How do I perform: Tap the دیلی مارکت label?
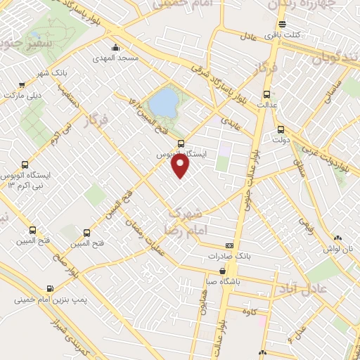(25, 94)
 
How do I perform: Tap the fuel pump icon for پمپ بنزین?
(50, 288)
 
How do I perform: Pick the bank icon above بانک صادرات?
(229, 245)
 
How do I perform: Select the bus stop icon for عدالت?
(266, 94)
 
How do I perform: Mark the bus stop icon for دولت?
(281, 129)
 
